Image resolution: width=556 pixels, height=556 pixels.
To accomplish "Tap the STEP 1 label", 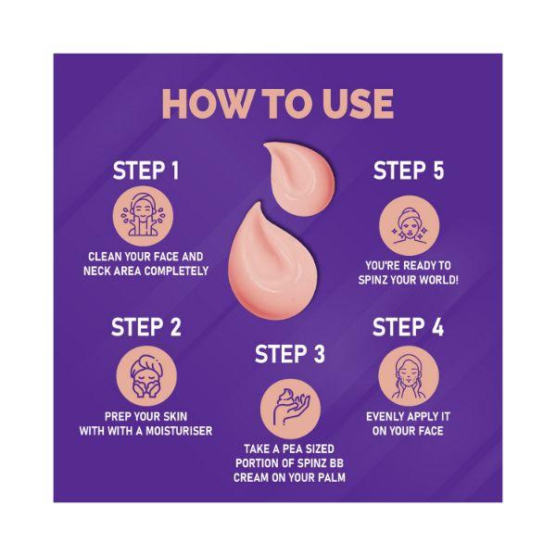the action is pyautogui.click(x=145, y=171).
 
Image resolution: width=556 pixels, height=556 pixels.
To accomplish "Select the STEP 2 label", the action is pyautogui.click(x=145, y=326).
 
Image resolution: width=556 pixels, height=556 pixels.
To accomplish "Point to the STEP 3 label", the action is pyautogui.click(x=290, y=354).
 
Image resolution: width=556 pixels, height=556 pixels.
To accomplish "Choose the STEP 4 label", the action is pyautogui.click(x=408, y=326).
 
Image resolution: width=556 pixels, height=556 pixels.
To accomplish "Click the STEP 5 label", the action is pyautogui.click(x=409, y=171).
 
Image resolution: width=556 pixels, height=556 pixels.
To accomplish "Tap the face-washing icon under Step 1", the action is pyautogui.click(x=144, y=216).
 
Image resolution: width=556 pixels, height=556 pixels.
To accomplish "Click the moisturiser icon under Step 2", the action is pyautogui.click(x=146, y=376).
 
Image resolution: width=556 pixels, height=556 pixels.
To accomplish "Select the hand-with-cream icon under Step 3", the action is pyautogui.click(x=290, y=409).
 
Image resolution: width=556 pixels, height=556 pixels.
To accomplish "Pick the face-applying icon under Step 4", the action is pyautogui.click(x=409, y=376).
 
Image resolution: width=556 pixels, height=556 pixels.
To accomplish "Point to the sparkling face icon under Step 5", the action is pyautogui.click(x=410, y=226).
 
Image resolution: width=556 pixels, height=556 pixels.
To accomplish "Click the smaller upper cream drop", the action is pyautogui.click(x=299, y=178).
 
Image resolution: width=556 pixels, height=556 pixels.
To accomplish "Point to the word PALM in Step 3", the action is pyautogui.click(x=332, y=477).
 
